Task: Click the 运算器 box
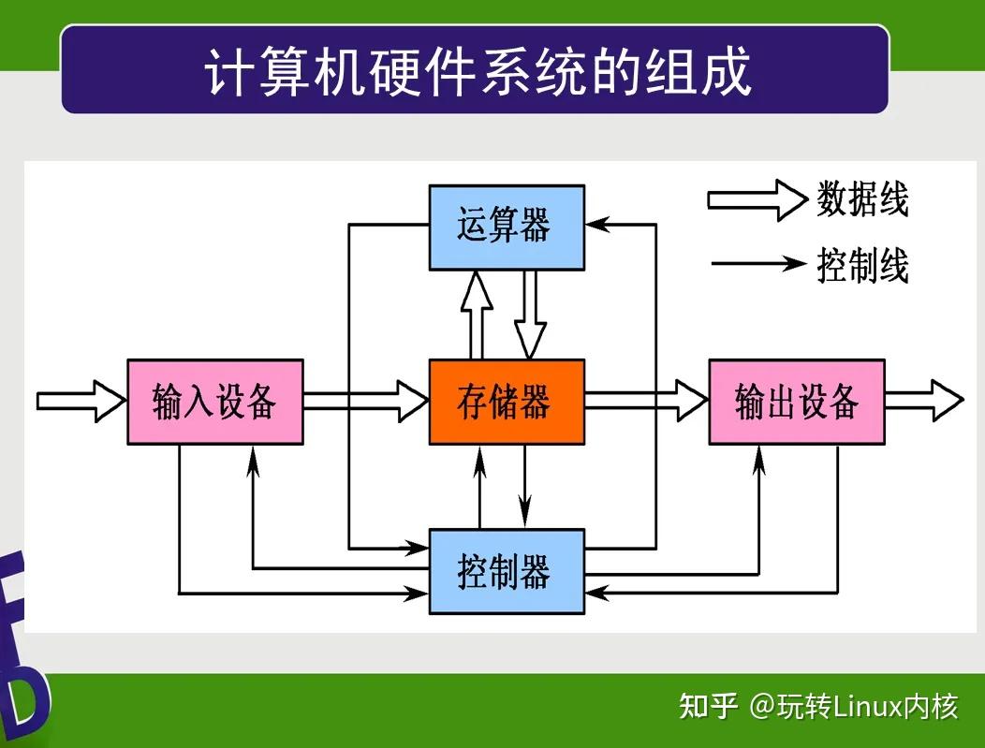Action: point(507,227)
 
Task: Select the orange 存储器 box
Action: point(507,402)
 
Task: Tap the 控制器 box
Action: point(507,571)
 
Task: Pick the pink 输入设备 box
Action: point(215,402)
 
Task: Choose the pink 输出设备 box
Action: point(797,402)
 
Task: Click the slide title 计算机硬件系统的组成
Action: point(478,71)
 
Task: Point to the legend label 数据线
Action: point(862,199)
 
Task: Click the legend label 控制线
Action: point(862,265)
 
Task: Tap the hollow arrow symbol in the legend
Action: point(756,199)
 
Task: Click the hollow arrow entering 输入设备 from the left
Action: point(81,402)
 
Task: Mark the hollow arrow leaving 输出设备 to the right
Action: point(923,402)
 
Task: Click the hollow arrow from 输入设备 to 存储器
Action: point(366,402)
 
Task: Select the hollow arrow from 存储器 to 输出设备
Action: point(646,402)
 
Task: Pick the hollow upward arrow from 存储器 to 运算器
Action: point(478,315)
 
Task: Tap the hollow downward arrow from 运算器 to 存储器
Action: point(530,315)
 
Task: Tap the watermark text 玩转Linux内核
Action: point(854,706)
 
